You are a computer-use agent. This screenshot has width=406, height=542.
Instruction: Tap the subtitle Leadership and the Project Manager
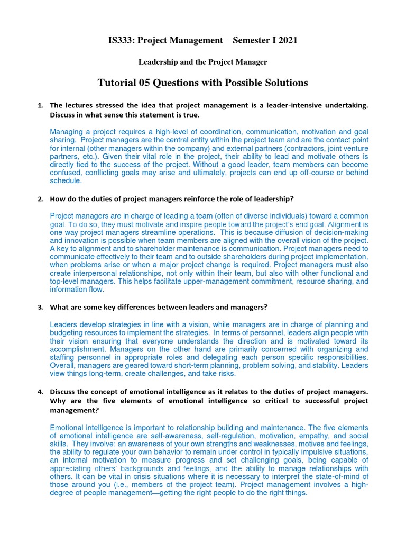click(202, 62)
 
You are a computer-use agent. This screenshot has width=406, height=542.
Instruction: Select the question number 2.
click(40, 199)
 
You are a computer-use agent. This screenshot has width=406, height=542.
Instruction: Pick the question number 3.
click(40, 307)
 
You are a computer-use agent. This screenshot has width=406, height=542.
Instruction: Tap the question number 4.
click(40, 391)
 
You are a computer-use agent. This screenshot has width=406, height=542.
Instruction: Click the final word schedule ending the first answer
click(66, 181)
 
